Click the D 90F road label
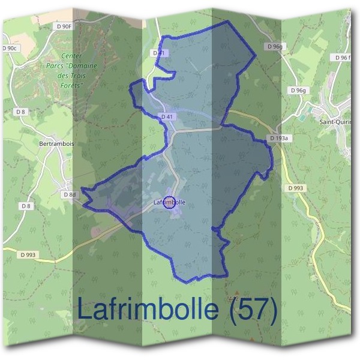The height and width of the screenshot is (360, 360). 63,26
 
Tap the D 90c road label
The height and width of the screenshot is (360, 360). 10,47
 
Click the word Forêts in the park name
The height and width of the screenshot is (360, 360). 70,86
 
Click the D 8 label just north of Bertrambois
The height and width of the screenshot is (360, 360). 21,112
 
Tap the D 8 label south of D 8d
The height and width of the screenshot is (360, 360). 26,206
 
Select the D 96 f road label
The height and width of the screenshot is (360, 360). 343,58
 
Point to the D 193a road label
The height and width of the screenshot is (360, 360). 279,138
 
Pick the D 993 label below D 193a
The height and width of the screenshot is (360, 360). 295,188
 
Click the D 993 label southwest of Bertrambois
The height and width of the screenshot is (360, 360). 28,254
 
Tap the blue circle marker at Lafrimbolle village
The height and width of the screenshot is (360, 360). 169,202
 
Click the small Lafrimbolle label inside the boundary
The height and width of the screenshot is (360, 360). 170,202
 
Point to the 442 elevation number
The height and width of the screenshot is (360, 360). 235,298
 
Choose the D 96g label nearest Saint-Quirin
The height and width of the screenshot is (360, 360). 298,90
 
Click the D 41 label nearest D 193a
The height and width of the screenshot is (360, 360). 167,116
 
